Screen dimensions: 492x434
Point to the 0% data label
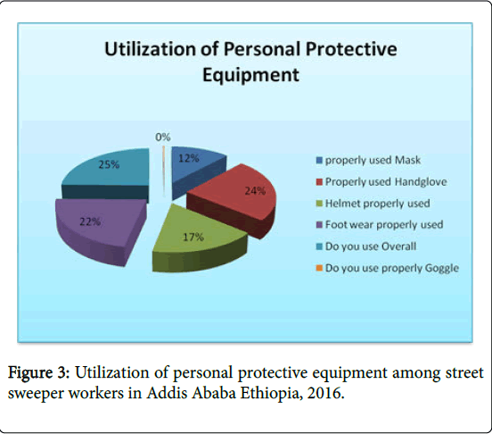163,137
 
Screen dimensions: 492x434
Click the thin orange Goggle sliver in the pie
163,171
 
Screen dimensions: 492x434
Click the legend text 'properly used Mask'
373,160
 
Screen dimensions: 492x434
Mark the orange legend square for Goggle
319,268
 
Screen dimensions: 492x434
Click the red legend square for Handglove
319,182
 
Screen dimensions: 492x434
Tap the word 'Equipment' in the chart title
250,75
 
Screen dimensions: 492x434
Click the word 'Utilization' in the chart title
152,49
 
